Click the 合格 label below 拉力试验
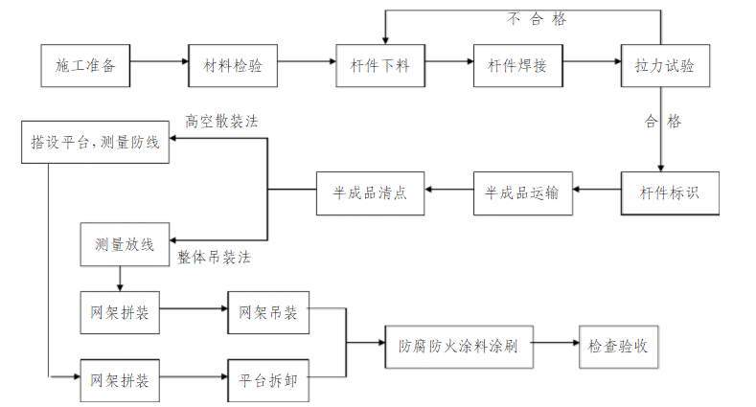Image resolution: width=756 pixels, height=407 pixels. tap(663, 122)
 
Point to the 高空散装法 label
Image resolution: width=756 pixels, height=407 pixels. tap(221, 122)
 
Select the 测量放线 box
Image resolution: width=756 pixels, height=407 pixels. tap(125, 243)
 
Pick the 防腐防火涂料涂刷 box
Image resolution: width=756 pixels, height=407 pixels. tap(458, 345)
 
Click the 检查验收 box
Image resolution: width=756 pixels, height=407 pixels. tap(617, 345)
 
